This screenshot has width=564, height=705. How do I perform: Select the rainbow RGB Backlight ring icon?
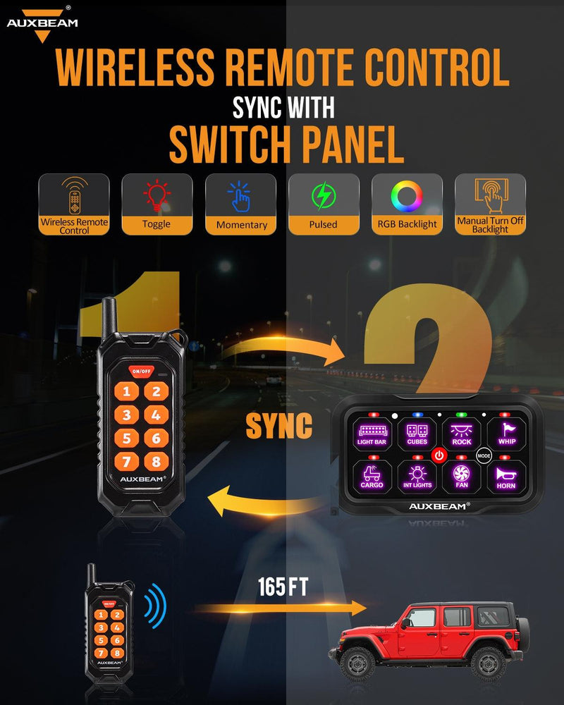point(406,196)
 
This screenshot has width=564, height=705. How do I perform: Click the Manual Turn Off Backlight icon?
point(490,195)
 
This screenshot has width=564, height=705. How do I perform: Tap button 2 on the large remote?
point(156,391)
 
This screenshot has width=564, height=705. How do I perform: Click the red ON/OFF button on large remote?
point(141,371)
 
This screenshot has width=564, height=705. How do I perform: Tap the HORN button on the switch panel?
point(505,477)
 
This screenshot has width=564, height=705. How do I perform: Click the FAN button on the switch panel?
point(462,477)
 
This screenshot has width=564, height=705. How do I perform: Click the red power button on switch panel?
point(439,455)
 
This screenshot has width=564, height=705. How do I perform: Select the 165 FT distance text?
point(282,587)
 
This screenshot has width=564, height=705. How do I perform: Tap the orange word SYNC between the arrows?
point(278,425)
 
